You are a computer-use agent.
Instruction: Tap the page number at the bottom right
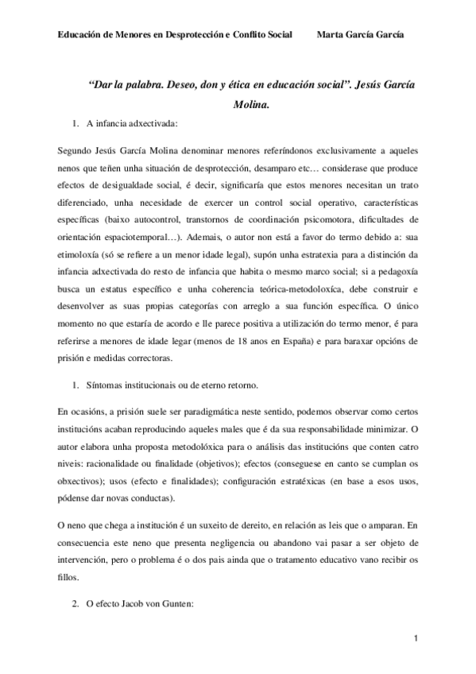pyautogui.click(x=415, y=638)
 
